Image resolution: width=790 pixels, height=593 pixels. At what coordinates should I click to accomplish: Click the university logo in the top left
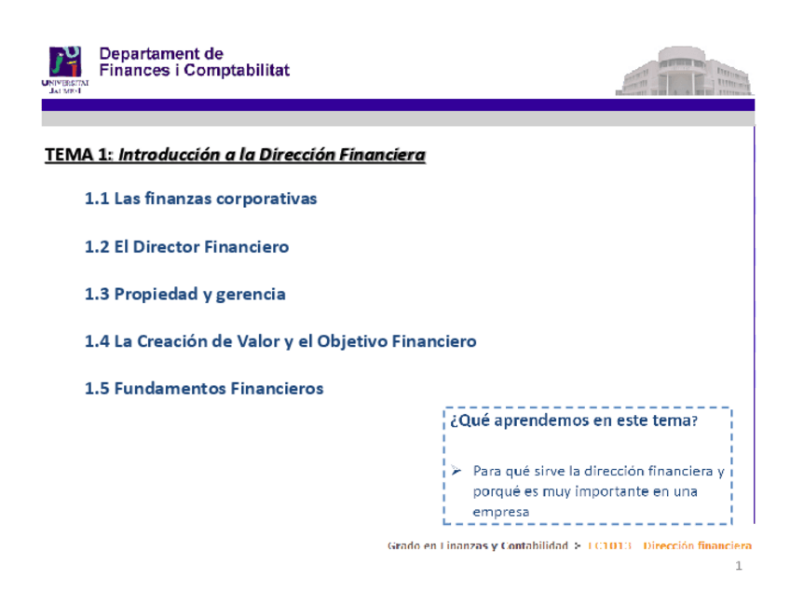[66, 68]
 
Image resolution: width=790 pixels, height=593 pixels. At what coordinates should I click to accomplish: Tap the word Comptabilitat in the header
[237, 71]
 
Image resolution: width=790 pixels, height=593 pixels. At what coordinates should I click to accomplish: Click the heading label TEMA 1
[75, 155]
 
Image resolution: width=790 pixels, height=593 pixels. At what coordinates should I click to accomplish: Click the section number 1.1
[97, 199]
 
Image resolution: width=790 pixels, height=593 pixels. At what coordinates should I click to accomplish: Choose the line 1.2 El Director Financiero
[186, 247]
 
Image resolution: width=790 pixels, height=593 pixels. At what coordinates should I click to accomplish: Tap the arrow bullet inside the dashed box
[456, 471]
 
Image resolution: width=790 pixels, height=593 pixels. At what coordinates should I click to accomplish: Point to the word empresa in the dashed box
[500, 511]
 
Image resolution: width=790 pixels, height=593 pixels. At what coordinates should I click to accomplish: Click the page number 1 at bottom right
[737, 567]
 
